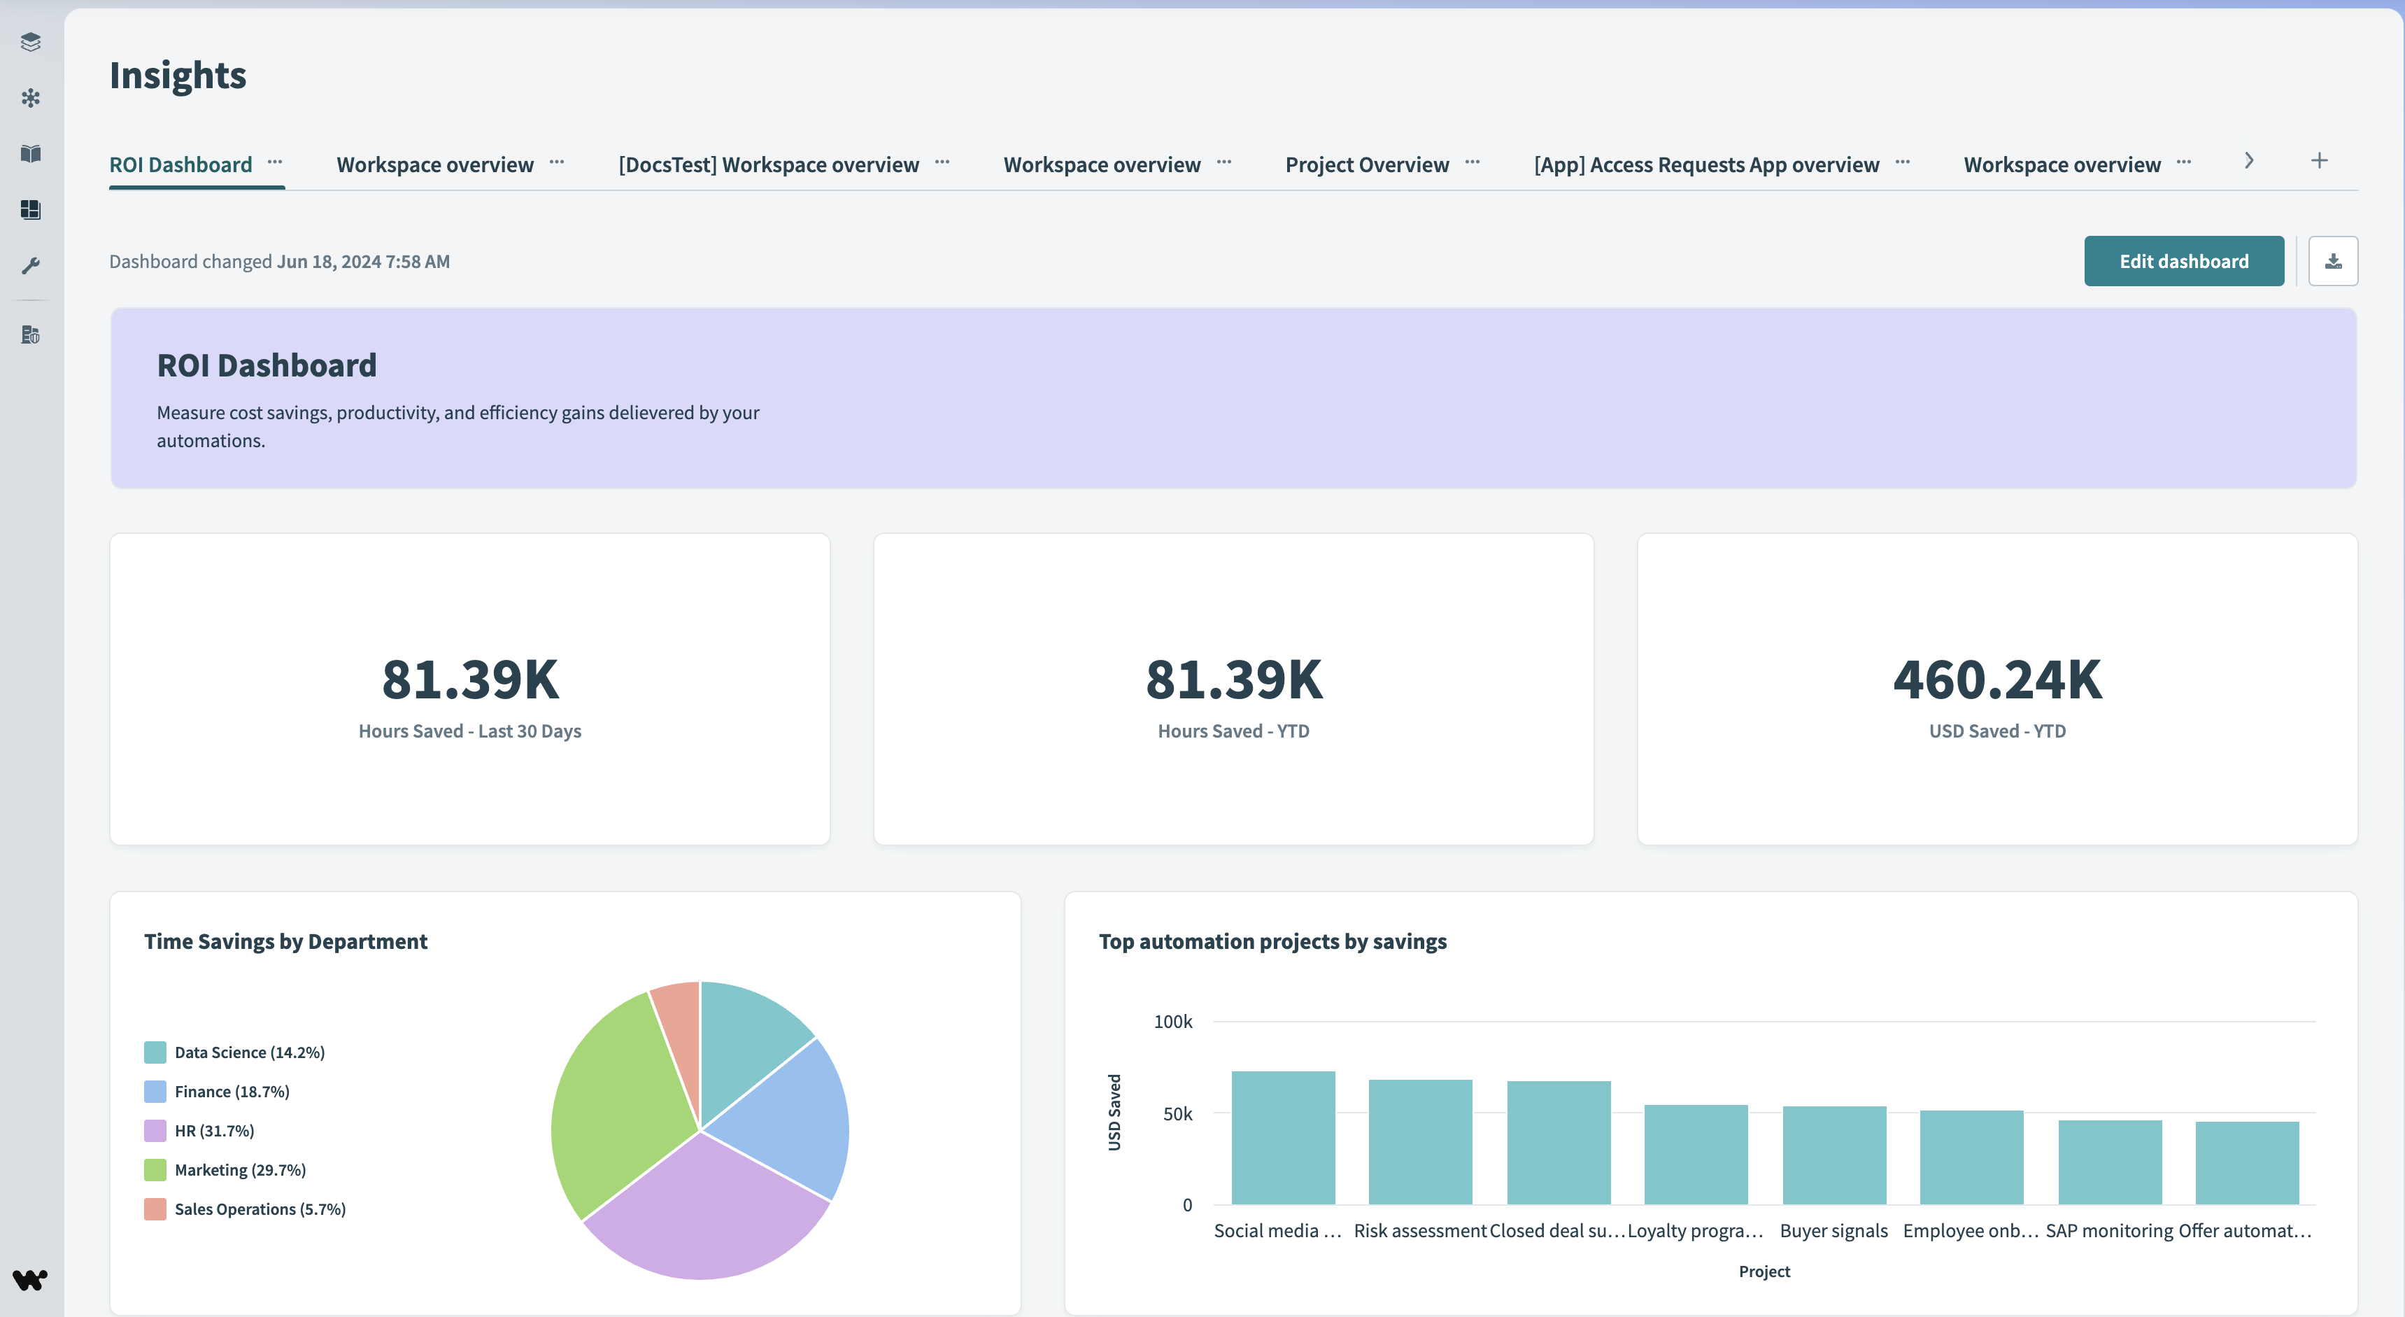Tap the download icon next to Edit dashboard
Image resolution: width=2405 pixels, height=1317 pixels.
tap(2332, 262)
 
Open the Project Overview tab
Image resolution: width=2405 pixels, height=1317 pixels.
tap(1367, 165)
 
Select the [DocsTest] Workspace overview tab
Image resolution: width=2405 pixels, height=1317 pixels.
tap(768, 165)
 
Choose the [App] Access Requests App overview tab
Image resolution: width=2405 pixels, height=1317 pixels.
tap(1705, 165)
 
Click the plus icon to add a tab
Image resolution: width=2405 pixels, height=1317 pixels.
tap(2319, 161)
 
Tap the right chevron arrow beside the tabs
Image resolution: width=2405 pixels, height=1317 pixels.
tap(2249, 161)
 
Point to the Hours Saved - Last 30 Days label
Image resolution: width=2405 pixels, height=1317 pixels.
tap(469, 731)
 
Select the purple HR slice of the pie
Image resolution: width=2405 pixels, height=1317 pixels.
tap(705, 1214)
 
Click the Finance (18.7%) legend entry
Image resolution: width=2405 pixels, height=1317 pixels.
tap(231, 1092)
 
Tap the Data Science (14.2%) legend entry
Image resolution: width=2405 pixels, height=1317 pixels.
tap(248, 1052)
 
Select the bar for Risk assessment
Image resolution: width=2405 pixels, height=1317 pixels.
tap(1420, 1141)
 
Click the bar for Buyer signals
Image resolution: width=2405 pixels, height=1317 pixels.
tap(1833, 1155)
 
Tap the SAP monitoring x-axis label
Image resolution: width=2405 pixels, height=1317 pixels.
tap(2109, 1231)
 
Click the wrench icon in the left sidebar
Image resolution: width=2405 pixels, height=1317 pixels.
tap(31, 266)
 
